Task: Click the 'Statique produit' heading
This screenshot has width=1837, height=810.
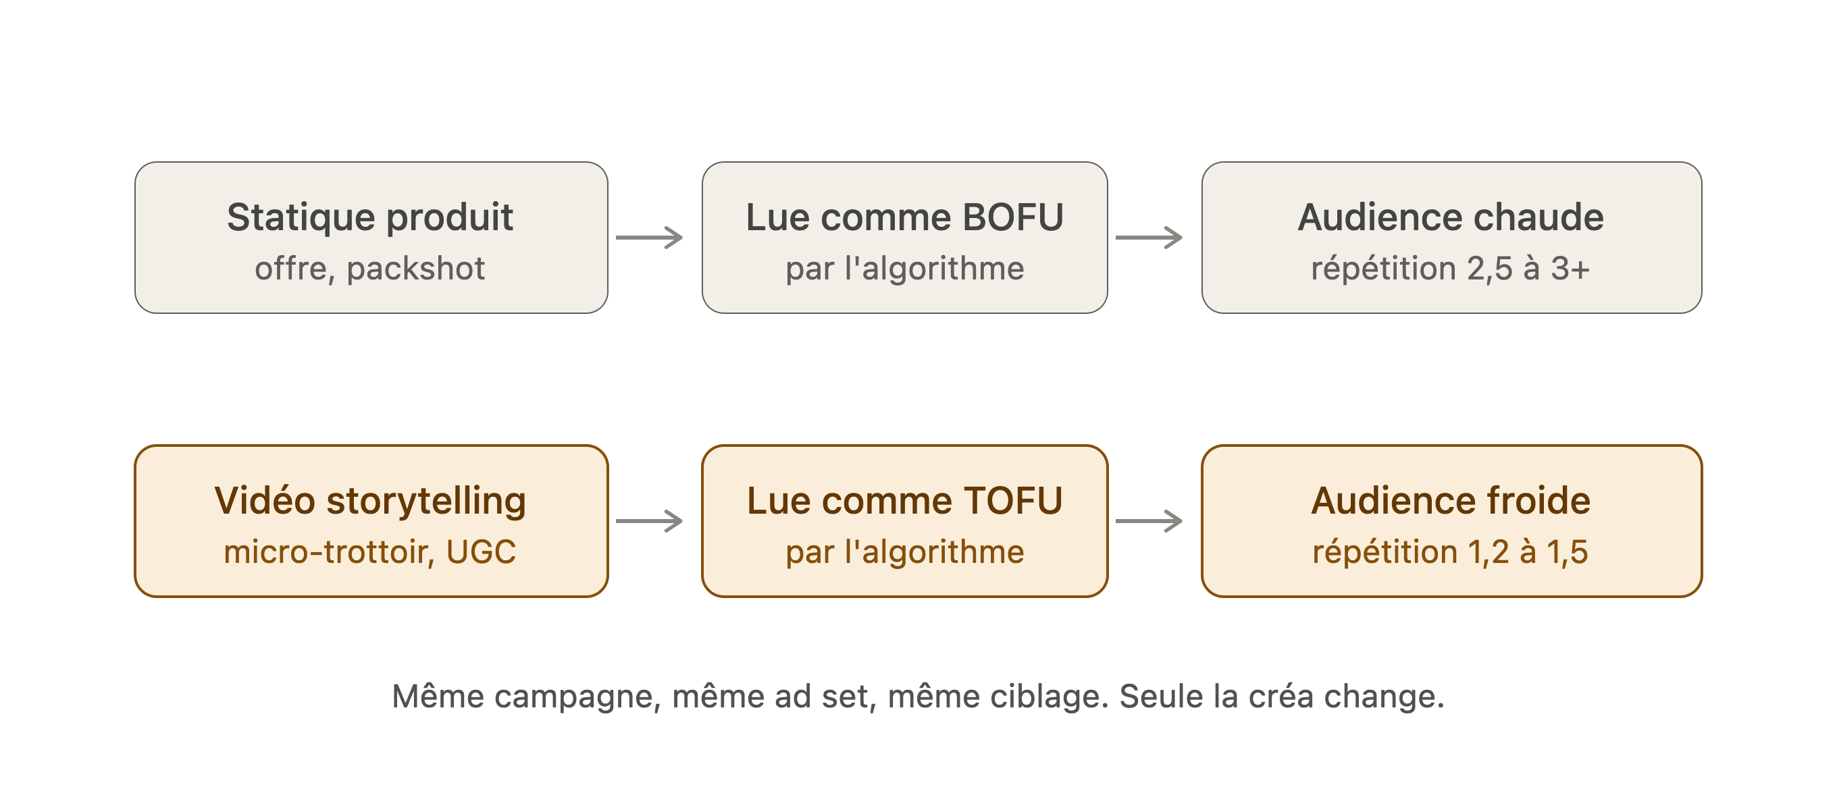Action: click(x=370, y=218)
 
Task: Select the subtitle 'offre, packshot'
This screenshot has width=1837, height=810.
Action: click(x=370, y=269)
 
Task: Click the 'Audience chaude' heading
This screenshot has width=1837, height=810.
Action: click(x=1451, y=217)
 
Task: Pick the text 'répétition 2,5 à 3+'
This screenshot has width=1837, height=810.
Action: click(x=1451, y=269)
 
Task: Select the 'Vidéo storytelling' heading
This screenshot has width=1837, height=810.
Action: click(x=370, y=502)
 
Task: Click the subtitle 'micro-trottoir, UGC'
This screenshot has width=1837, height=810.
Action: click(x=370, y=552)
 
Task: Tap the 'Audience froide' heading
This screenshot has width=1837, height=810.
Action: click(x=1451, y=501)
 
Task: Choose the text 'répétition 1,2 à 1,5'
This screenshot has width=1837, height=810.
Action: click(x=1451, y=552)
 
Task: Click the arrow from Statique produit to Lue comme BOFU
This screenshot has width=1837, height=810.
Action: click(x=650, y=238)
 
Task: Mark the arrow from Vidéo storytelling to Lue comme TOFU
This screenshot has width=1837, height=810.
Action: click(x=650, y=521)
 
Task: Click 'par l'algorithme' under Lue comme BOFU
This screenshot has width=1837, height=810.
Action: click(x=905, y=269)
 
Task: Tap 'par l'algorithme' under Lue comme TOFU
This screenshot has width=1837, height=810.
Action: click(x=905, y=552)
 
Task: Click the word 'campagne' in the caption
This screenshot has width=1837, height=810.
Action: click(x=577, y=697)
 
